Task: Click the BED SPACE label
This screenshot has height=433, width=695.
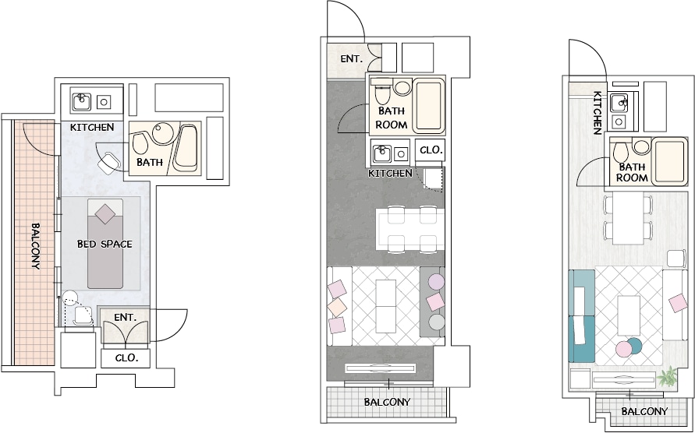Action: coord(105,244)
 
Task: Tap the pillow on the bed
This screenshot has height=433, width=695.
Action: coord(105,214)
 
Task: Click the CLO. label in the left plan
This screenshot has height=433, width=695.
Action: coord(127,357)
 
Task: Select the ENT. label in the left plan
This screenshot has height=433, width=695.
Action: coord(125,318)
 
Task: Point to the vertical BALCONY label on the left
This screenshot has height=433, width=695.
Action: coord(35,246)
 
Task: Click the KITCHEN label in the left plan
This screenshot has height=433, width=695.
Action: coord(92,128)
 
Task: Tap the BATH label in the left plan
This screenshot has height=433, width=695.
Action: coord(149,163)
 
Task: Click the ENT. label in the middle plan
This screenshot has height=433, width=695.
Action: coord(352,58)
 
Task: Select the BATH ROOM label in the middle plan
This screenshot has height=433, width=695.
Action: coord(392,118)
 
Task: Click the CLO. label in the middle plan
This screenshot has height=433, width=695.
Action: coord(431,150)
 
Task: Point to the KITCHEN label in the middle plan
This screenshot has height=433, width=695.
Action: coord(390,173)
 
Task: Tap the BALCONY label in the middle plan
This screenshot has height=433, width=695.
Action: coord(387,402)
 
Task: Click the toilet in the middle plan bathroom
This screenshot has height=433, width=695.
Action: coord(381,92)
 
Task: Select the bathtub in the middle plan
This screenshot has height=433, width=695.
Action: coord(428,105)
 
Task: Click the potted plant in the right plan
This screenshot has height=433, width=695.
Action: coord(667,376)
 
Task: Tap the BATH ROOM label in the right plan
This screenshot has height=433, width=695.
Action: coord(632,173)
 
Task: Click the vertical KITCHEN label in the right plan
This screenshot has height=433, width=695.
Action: coord(597,112)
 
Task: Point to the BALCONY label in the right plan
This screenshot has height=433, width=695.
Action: coord(644,411)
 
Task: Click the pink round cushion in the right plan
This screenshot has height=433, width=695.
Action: coord(624,350)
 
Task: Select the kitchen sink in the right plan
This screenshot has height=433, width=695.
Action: coord(619,103)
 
